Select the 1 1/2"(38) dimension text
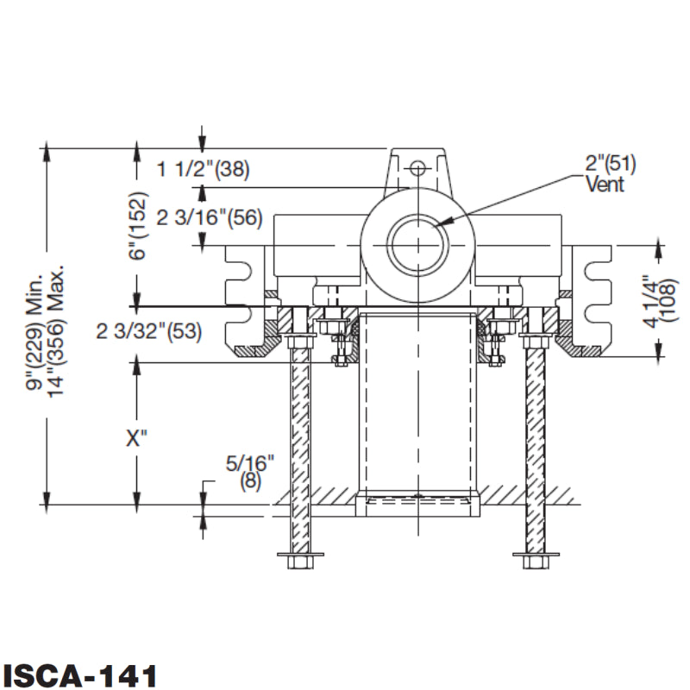203,170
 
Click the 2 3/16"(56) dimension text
209,218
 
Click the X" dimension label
137,438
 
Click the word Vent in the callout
604,185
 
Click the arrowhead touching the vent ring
442,223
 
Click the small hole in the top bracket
418,166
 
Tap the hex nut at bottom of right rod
536,561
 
